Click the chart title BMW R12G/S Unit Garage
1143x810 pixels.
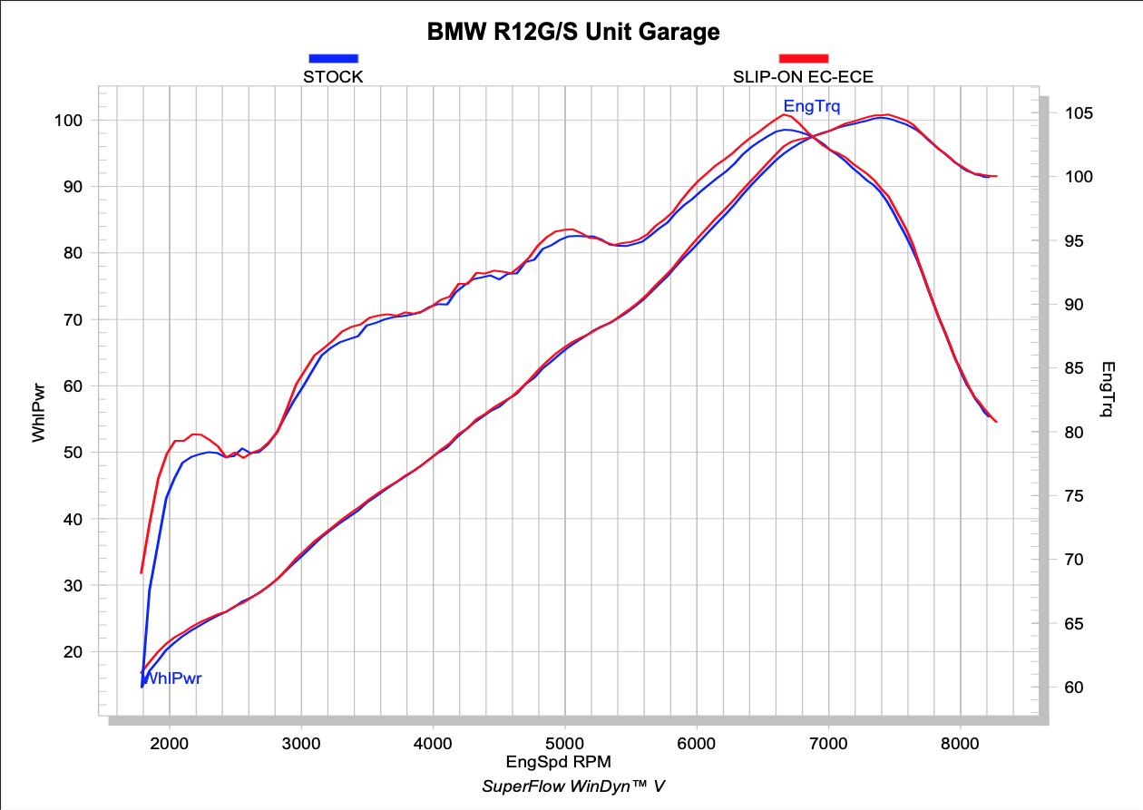(573, 33)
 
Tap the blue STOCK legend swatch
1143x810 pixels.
(333, 58)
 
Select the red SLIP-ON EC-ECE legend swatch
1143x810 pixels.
(803, 58)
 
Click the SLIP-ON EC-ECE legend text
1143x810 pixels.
(803, 77)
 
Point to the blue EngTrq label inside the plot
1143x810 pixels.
(811, 106)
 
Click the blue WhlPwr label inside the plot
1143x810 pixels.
(172, 678)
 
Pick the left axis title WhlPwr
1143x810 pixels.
(38, 413)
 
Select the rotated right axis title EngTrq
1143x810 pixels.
(1108, 390)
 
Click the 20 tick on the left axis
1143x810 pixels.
(73, 652)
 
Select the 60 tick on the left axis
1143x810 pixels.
(73, 386)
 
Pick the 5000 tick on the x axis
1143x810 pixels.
(564, 742)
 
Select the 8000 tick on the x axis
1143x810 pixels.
(960, 742)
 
